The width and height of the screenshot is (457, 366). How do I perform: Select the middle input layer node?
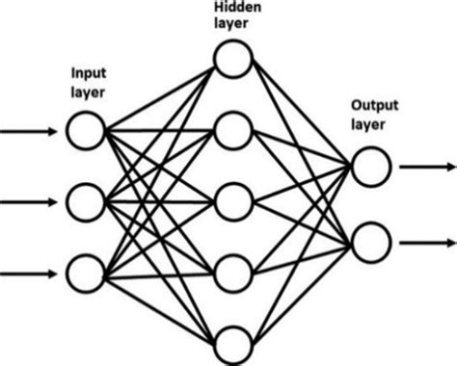pos(85,202)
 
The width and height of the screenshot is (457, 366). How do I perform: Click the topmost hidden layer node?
pos(233,60)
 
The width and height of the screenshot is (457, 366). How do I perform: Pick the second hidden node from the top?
pos(233,130)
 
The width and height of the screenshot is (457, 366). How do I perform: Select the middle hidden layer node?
pos(233,202)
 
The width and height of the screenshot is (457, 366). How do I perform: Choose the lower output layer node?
pos(369,238)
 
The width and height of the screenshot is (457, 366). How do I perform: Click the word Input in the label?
pos(88,73)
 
